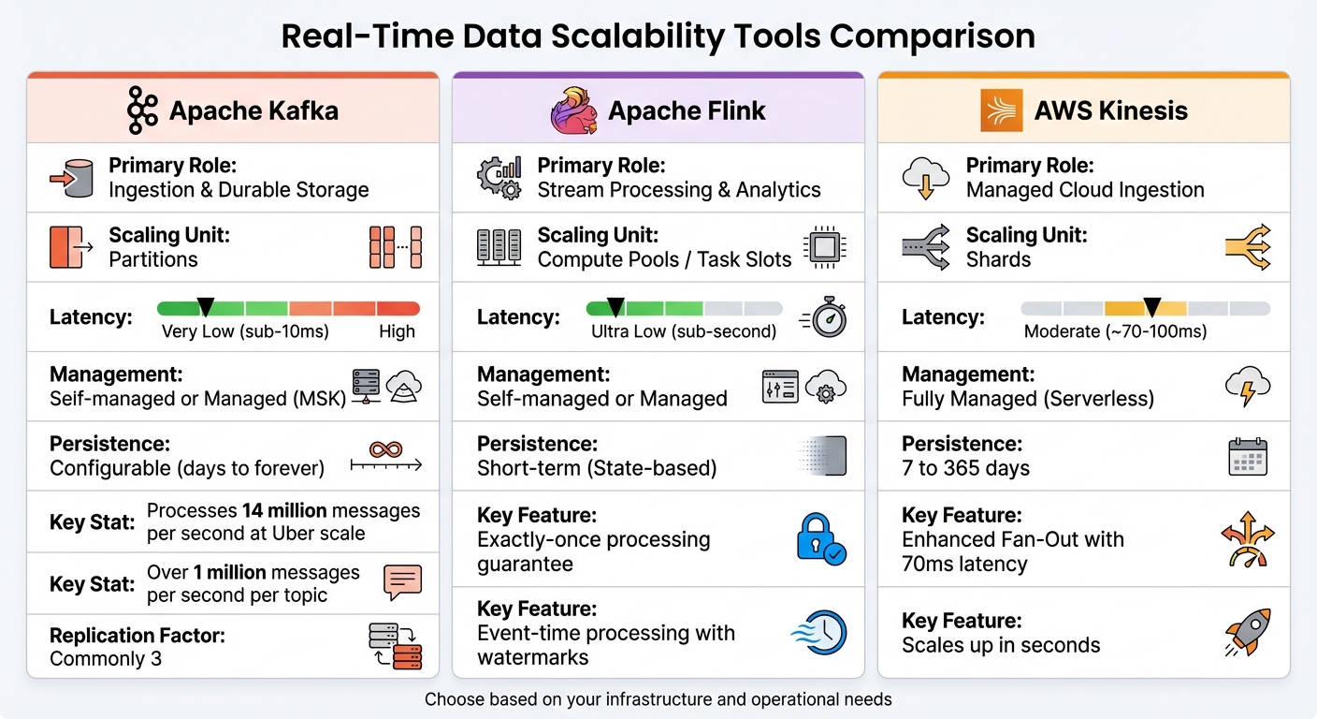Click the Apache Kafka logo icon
click(x=142, y=111)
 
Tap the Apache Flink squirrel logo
click(x=573, y=110)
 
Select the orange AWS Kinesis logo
click(x=1001, y=110)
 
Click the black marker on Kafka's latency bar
click(x=206, y=306)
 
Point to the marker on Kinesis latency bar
click(x=1152, y=306)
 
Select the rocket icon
click(x=1248, y=632)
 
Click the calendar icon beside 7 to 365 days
click(x=1248, y=456)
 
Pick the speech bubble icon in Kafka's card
click(x=403, y=583)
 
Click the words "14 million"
click(x=283, y=511)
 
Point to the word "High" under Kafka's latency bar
click(x=397, y=331)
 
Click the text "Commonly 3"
click(x=106, y=658)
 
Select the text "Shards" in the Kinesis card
click(x=998, y=259)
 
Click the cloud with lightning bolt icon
click(x=1248, y=386)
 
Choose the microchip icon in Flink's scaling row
click(x=824, y=246)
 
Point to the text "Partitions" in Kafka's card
click(x=153, y=259)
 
